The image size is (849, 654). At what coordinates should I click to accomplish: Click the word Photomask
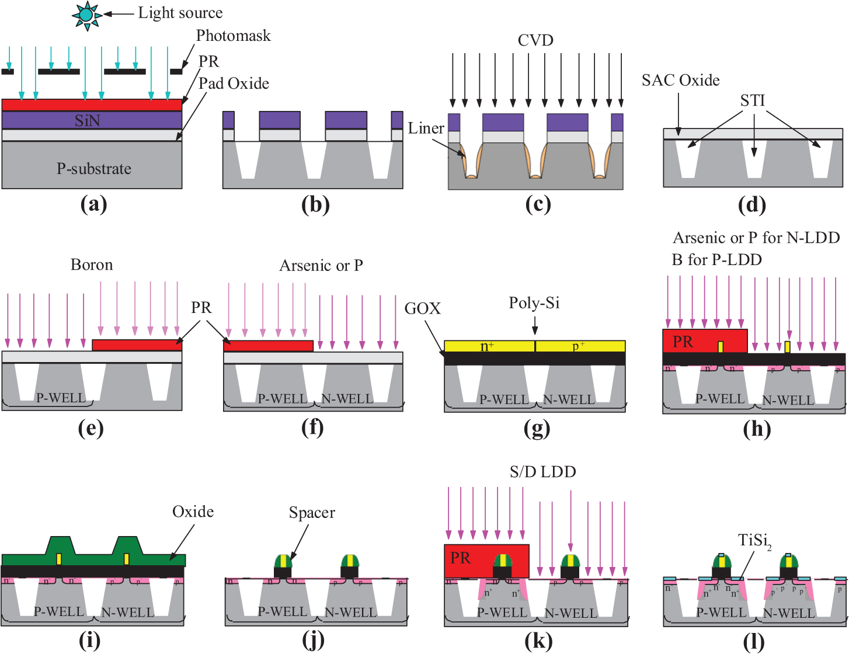[233, 36]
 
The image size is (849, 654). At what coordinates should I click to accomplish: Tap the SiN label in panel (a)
[87, 120]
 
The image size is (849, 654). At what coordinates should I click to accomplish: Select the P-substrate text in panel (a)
[93, 169]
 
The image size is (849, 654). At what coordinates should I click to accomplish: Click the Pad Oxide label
[234, 84]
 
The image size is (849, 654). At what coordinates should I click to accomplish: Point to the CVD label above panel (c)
[535, 40]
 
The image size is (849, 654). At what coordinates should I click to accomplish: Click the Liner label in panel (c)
[426, 128]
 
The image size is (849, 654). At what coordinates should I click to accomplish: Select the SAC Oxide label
[680, 80]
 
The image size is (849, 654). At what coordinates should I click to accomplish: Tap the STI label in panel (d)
[752, 100]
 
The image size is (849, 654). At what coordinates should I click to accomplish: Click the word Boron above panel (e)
[92, 265]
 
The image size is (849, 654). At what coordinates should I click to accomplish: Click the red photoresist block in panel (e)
[137, 345]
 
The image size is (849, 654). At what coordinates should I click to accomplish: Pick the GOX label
[422, 308]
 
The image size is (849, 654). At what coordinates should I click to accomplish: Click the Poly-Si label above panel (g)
[534, 302]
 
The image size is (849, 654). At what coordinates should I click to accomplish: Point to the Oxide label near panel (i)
[193, 512]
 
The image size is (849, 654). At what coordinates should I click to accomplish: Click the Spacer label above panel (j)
[312, 513]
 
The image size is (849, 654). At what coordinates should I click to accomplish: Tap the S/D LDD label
[542, 472]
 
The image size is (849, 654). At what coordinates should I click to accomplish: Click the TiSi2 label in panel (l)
[754, 541]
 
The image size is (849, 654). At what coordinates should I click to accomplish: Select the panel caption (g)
[537, 429]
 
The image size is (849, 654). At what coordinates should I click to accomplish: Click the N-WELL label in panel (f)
[347, 399]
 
